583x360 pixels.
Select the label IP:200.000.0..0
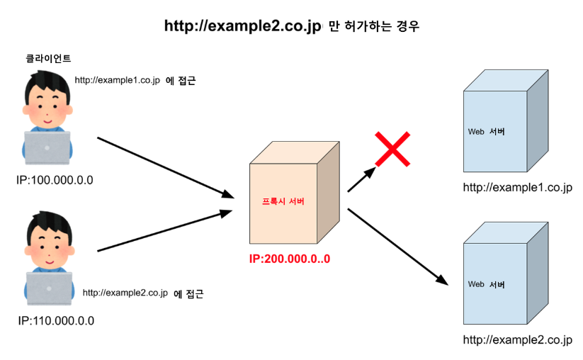290,259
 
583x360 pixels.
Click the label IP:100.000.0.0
55,180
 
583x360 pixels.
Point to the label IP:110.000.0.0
55,320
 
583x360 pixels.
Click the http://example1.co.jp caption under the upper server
517,188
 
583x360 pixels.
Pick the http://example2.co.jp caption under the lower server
517,340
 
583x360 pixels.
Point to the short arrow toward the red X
362,180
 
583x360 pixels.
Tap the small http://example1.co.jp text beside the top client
117,81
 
